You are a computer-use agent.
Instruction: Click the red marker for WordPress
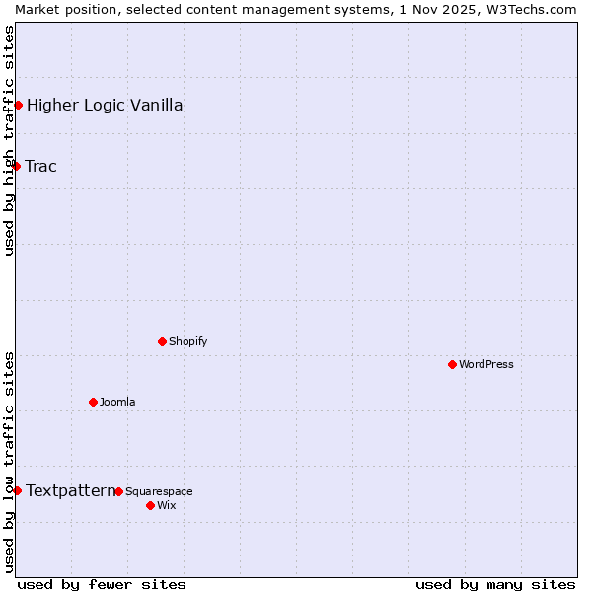tap(452, 364)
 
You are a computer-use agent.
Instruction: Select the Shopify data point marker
tap(162, 341)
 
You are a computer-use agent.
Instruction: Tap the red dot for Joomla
tap(93, 402)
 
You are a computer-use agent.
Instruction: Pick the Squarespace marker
tap(118, 491)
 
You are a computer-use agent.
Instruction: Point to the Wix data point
tap(150, 505)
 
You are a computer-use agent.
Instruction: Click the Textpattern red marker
tap(17, 490)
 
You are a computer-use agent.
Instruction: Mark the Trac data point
tap(16, 166)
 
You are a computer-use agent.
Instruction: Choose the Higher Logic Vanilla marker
tap(18, 105)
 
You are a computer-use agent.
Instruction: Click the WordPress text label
tap(485, 364)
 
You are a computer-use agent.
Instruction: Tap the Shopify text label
tap(187, 341)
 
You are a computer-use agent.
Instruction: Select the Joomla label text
tap(117, 402)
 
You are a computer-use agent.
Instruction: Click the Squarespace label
tap(159, 491)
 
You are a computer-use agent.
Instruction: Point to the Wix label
tap(166, 505)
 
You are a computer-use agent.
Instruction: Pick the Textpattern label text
tap(70, 490)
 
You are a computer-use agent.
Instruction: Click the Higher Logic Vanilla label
tap(105, 105)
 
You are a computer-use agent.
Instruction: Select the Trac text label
tap(41, 166)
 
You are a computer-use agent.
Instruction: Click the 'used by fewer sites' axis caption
tap(102, 584)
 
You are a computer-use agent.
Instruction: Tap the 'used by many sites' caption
tap(495, 584)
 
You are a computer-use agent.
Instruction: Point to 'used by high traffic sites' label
tap(9, 140)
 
